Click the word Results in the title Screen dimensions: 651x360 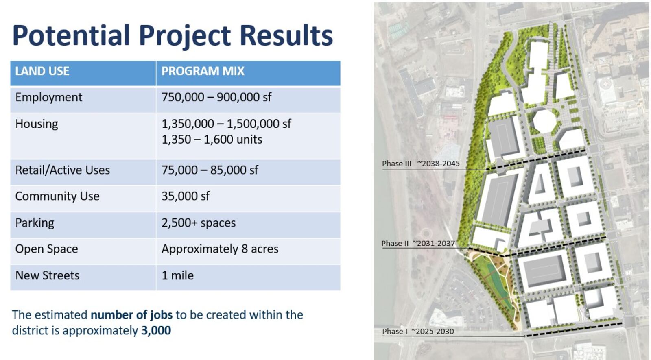(x=286, y=35)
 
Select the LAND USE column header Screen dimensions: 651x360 (x=42, y=71)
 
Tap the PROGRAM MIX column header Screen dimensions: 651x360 (x=203, y=71)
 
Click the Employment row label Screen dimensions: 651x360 (x=49, y=97)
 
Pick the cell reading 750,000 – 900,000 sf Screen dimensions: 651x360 (x=216, y=97)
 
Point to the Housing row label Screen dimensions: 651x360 (x=37, y=124)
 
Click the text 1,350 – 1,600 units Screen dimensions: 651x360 (x=212, y=140)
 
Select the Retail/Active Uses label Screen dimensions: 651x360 (x=63, y=170)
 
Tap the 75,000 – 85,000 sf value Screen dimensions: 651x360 (x=210, y=170)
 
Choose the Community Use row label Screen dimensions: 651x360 (x=57, y=196)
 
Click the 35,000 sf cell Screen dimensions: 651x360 (x=186, y=196)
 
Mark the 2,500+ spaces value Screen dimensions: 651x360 (x=199, y=223)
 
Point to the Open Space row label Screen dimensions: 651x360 (x=46, y=249)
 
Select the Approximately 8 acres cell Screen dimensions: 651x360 (x=220, y=249)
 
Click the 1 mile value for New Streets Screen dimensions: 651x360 (x=177, y=275)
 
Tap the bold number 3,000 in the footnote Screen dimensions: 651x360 (x=156, y=330)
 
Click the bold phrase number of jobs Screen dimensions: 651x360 (x=132, y=315)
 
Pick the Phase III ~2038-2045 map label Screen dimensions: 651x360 (x=421, y=164)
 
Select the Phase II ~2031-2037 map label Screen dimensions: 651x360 (x=418, y=244)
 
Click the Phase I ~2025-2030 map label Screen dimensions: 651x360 (x=418, y=331)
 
